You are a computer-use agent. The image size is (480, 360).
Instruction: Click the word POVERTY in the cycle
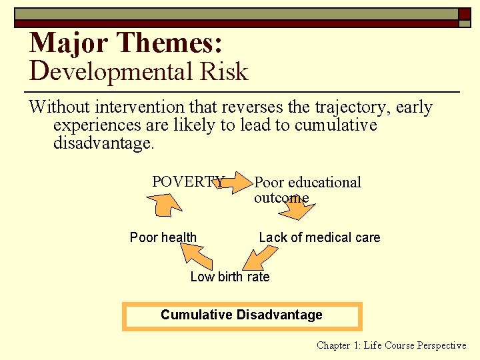188,182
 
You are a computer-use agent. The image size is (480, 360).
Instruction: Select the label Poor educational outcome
307,190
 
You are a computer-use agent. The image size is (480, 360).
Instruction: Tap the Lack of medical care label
319,237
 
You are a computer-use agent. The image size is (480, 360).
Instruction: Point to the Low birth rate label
230,277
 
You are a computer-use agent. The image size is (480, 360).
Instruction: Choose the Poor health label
163,237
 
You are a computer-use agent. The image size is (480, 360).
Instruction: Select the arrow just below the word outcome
297,211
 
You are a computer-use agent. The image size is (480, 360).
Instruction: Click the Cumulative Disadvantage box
241,316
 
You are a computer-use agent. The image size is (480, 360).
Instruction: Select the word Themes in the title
171,43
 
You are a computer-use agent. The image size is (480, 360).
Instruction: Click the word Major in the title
69,43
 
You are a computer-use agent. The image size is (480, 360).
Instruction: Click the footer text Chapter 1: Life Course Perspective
391,345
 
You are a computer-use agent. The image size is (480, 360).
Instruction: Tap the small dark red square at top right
465,13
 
